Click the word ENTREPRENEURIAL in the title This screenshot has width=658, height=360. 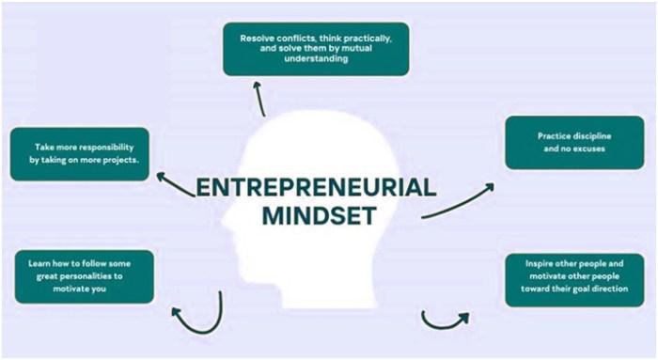(317, 188)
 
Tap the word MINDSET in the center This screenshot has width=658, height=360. (319, 215)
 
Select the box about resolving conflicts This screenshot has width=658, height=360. (316, 49)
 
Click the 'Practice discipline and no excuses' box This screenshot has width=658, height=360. (574, 143)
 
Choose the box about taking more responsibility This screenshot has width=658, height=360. (80, 154)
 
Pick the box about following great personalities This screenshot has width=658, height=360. (85, 277)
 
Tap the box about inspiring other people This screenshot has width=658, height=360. (574, 280)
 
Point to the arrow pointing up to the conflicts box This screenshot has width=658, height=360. (259, 99)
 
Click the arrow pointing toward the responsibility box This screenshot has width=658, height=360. (176, 185)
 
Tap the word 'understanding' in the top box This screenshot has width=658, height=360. (316, 58)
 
